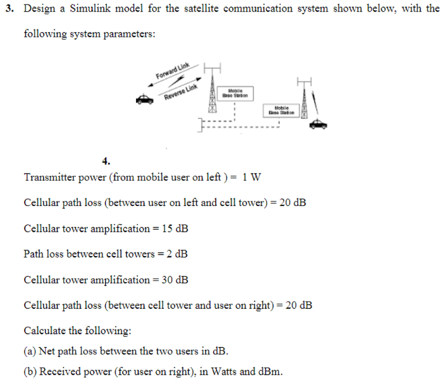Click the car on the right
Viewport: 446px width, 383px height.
click(318, 124)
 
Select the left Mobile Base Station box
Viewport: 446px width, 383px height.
click(236, 93)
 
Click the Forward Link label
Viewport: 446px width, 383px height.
click(173, 72)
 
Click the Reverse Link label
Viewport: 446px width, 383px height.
click(180, 92)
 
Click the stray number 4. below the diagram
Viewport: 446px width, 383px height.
click(106, 161)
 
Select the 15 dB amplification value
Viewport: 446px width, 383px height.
click(175, 228)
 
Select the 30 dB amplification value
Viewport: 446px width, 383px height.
click(175, 280)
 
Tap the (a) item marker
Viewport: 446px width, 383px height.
click(30, 351)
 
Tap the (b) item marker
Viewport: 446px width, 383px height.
click(30, 372)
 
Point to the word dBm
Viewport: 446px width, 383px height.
click(270, 372)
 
